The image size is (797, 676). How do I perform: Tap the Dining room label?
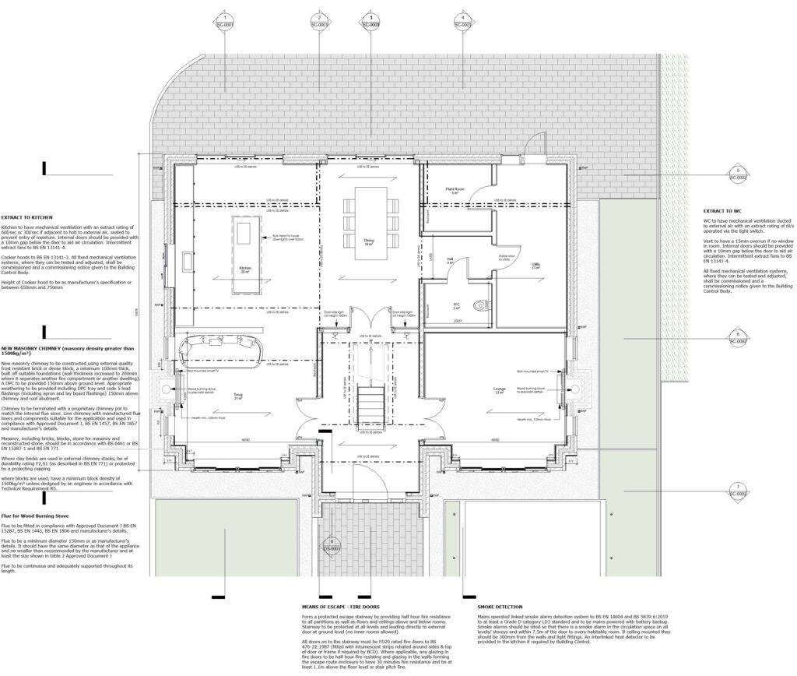(369, 242)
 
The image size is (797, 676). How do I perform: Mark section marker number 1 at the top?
(224, 21)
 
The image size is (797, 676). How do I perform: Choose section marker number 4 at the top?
(462, 21)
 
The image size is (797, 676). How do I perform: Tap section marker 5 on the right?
(736, 174)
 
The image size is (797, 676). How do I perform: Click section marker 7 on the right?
(736, 490)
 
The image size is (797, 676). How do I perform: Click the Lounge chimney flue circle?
(576, 386)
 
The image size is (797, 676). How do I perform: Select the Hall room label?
(450, 262)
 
